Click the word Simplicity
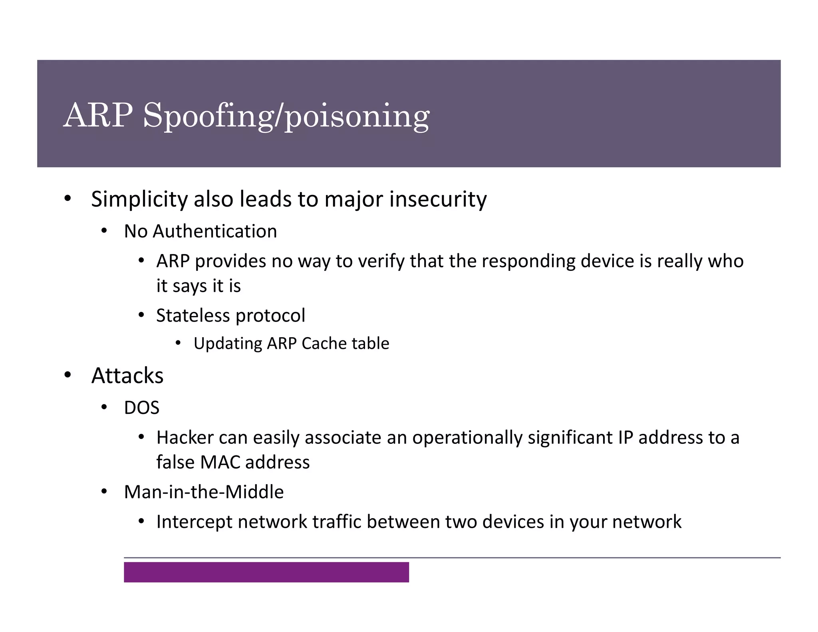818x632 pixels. coord(139,199)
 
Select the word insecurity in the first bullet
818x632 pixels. coord(438,199)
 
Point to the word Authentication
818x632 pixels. coord(214,231)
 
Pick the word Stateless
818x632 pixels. coord(193,315)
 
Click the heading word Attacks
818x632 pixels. coord(127,376)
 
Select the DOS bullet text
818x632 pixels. coord(141,408)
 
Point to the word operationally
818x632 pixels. coord(467,437)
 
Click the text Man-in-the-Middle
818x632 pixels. coord(204,492)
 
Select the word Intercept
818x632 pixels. coord(194,522)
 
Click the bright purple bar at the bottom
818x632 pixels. coord(266,572)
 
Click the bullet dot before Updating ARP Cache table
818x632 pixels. coord(178,343)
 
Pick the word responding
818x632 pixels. coord(528,261)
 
